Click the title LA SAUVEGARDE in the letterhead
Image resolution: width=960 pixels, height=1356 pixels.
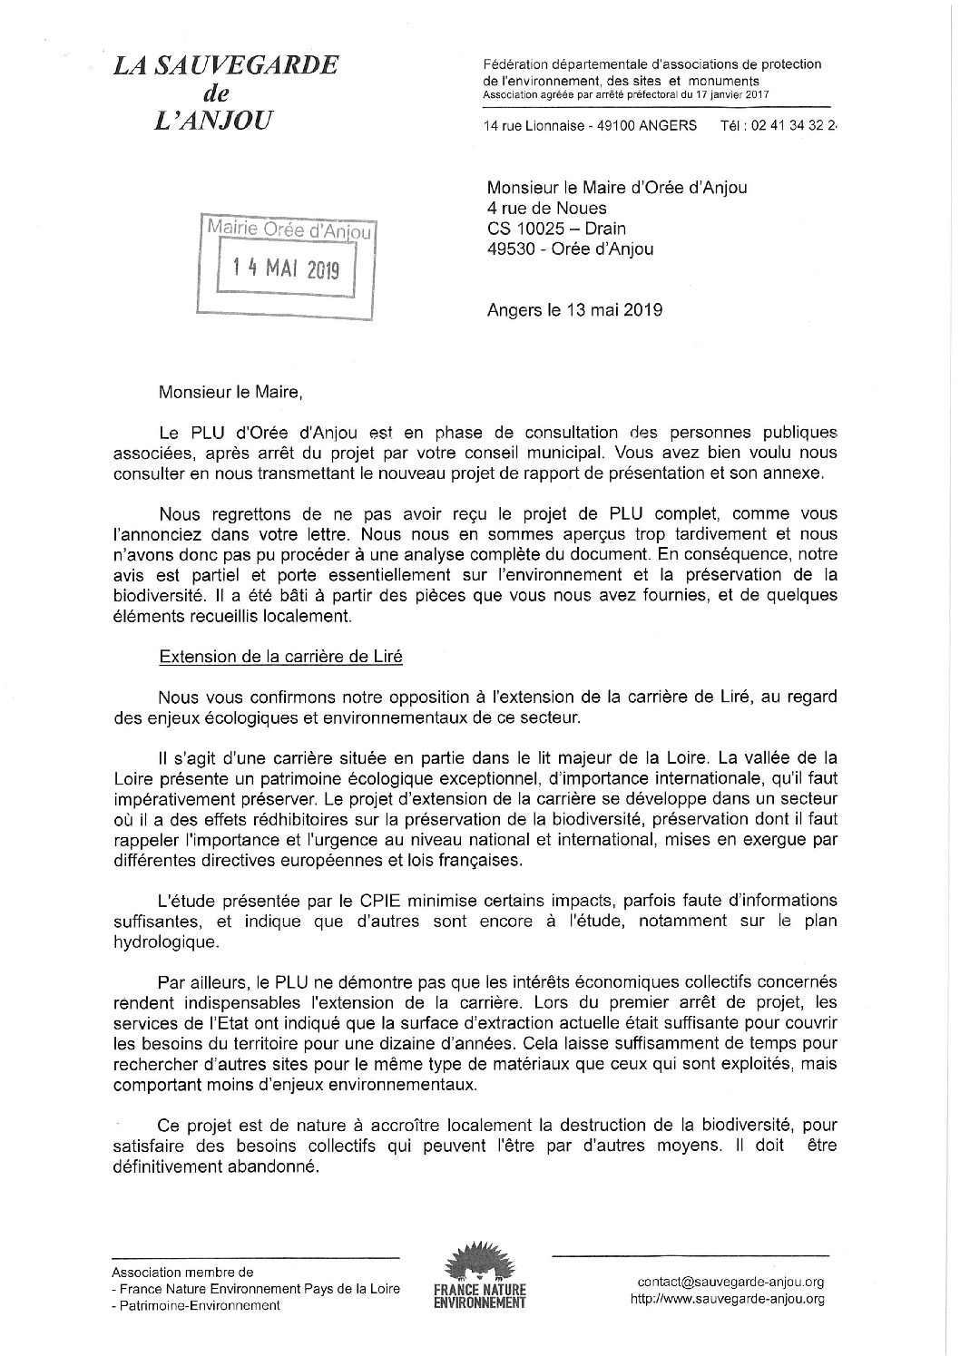[225, 65]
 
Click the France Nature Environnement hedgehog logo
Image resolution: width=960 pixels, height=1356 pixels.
[480, 1264]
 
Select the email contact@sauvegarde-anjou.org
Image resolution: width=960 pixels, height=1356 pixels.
[730, 1282]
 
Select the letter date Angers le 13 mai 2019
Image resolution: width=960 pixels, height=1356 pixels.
[575, 309]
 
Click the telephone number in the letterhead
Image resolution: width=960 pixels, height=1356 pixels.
[797, 126]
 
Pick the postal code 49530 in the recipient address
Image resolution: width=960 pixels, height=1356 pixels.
[510, 249]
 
